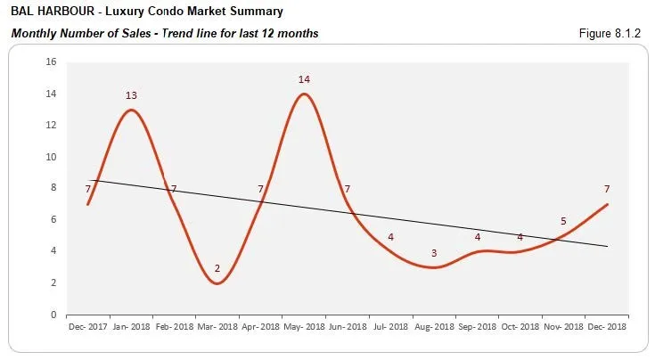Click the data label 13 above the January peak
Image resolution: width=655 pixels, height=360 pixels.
[x=131, y=95]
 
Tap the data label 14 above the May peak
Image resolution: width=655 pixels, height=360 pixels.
[x=304, y=79]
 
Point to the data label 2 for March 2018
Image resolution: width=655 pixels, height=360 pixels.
[x=217, y=268]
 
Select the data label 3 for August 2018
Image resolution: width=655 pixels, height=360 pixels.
[x=434, y=253]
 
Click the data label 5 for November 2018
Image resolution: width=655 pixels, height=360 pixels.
[x=562, y=221]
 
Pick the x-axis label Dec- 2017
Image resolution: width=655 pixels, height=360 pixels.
[x=88, y=327]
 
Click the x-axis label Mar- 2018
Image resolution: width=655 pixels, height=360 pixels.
[x=217, y=327]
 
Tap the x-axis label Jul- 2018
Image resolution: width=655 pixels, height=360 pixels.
[x=390, y=327]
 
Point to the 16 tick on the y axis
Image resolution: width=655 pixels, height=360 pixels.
[x=51, y=62]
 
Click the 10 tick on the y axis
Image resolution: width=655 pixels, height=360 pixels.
[x=51, y=157]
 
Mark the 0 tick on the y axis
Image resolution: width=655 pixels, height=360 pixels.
[x=53, y=315]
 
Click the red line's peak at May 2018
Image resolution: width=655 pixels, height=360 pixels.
[x=304, y=94]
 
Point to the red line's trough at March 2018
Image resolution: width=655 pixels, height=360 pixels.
[x=217, y=283]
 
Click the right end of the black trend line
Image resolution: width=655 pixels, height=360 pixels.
[x=607, y=247]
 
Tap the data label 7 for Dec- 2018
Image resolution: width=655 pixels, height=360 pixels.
[x=606, y=189]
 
